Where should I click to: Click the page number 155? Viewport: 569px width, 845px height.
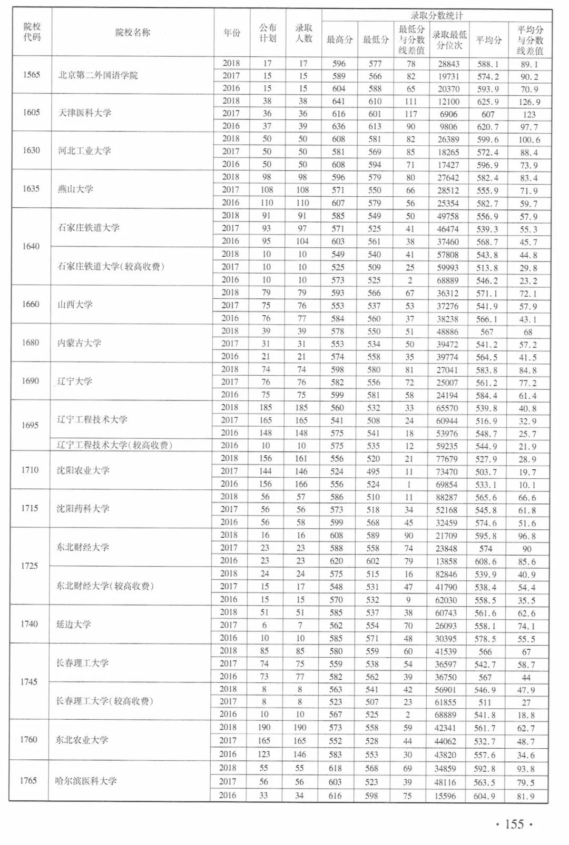pos(514,824)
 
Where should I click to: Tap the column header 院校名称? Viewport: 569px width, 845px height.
pos(133,33)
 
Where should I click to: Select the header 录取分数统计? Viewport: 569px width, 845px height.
pos(437,16)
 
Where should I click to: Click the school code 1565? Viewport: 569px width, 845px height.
pos(32,75)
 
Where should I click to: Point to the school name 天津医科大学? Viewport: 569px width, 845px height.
pos(85,113)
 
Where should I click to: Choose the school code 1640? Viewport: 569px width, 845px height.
pos(31,246)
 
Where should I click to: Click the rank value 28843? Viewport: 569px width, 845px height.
pos(448,64)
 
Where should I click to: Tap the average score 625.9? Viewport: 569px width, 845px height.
pos(487,102)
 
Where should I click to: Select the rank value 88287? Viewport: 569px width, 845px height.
pos(446,497)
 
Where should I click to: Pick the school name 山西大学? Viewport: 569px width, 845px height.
pos(75,305)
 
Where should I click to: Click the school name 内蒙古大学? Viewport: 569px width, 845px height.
pos(79,343)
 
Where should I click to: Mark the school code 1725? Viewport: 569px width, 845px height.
pos(30,566)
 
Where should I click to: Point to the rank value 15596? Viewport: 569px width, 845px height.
pos(445,796)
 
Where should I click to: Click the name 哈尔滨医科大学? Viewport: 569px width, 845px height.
pos(86,781)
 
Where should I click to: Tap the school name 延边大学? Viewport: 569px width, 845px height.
pos(74,625)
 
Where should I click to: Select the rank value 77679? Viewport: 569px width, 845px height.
pos(446,459)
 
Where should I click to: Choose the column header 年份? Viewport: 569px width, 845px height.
pos(232,33)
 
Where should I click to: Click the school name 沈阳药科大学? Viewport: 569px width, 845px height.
pos(83,509)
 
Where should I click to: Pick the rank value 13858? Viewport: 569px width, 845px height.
pos(446,561)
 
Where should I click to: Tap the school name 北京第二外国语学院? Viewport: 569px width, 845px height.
pos(98,75)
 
